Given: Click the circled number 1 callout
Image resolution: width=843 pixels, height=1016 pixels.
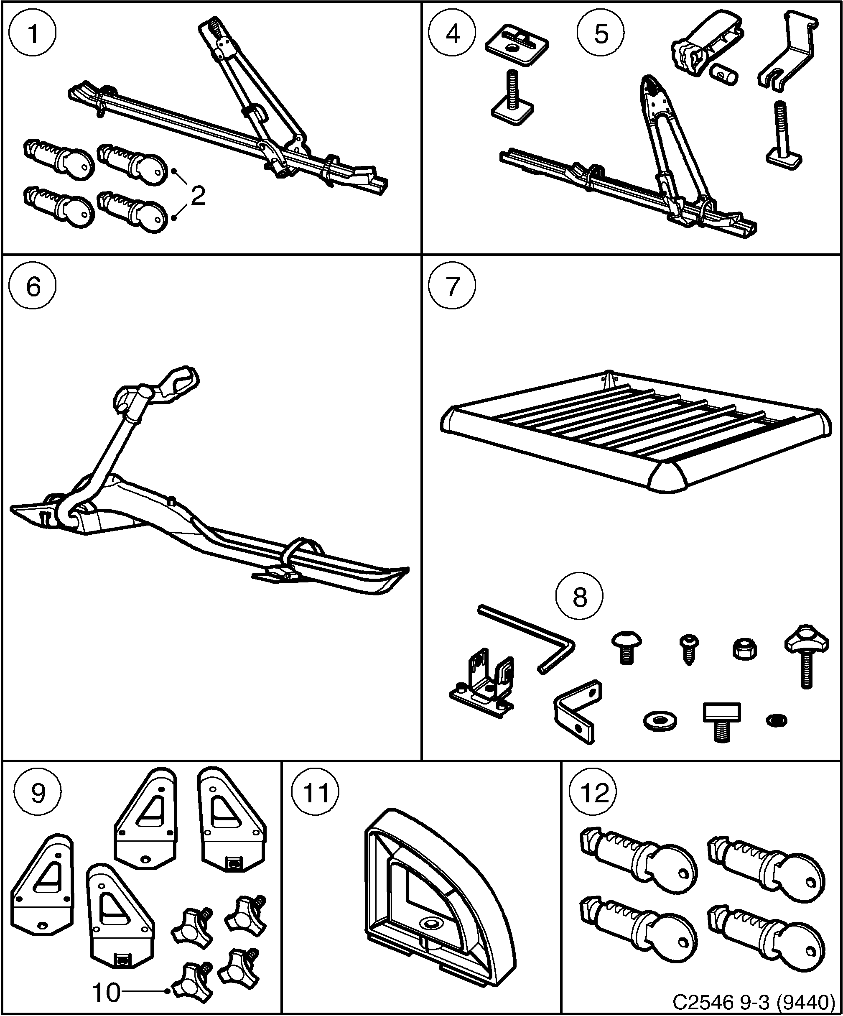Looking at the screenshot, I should coord(33,34).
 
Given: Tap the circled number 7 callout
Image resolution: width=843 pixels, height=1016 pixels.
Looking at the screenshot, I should coord(452,286).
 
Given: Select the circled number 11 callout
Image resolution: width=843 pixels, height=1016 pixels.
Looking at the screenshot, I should coord(315,793).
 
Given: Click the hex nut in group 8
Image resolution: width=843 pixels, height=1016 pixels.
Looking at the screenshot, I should coord(744,649).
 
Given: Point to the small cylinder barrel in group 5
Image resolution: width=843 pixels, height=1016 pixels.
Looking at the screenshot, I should coord(724,74).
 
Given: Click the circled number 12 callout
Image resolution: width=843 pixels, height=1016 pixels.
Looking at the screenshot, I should coord(594,793).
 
